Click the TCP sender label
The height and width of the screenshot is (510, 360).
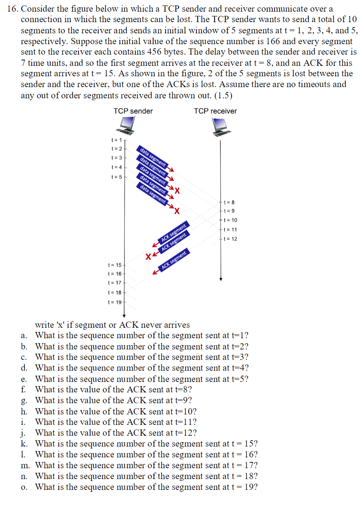click(x=133, y=111)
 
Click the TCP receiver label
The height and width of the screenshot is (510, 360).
click(x=215, y=111)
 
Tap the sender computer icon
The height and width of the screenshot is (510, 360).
click(x=127, y=125)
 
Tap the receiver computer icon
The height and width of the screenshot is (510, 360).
click(x=220, y=127)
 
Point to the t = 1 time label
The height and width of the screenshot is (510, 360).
click(x=116, y=140)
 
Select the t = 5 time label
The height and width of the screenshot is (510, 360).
click(x=116, y=177)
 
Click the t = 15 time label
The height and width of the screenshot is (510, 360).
click(x=115, y=265)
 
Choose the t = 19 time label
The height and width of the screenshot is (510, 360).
click(x=115, y=302)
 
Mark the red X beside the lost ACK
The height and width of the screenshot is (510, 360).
click(x=148, y=256)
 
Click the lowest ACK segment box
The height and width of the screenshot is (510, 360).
click(x=174, y=260)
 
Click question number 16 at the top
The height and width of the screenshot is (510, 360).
click(x=12, y=9)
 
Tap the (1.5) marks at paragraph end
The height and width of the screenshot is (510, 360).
click(x=223, y=95)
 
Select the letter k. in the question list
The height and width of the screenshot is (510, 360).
click(x=24, y=444)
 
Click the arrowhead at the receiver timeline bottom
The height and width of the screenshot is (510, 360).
click(x=221, y=279)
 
